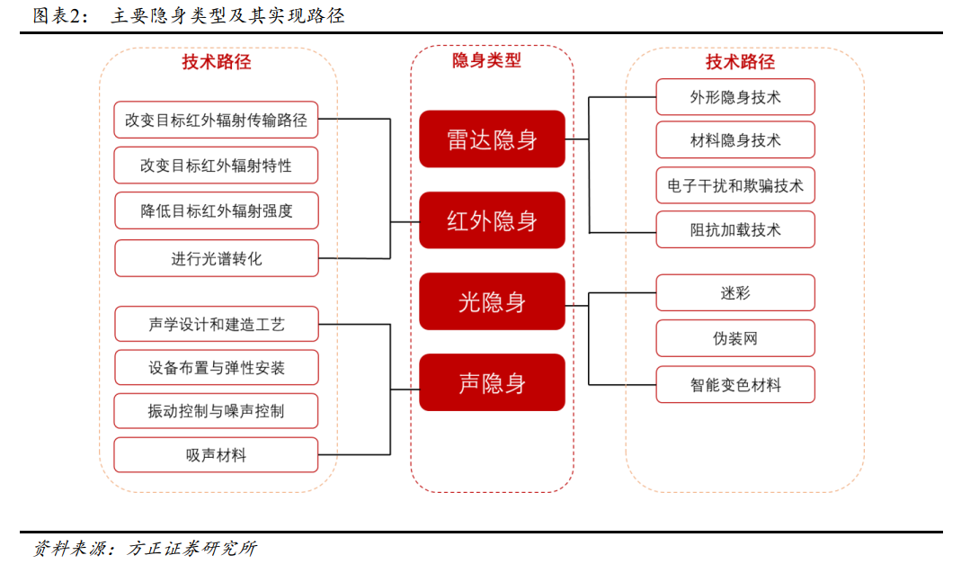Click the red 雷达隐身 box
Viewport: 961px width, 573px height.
point(492,139)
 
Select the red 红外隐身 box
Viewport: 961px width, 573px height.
point(492,220)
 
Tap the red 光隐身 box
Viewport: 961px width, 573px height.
point(492,301)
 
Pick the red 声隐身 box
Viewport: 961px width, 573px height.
point(492,382)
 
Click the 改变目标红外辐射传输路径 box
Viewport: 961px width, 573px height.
point(216,120)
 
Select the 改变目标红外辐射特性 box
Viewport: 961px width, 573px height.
point(216,165)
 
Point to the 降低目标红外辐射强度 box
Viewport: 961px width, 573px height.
point(217,210)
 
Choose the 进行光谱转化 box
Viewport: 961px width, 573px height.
point(217,258)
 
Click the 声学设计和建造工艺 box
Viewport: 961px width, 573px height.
point(217,324)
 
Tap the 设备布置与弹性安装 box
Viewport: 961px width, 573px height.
point(217,368)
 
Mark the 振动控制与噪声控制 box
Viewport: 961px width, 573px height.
point(216,411)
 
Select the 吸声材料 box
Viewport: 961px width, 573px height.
point(216,454)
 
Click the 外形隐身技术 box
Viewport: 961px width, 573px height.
point(735,97)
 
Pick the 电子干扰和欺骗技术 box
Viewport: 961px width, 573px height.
point(735,185)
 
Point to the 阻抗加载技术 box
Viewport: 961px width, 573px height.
point(735,229)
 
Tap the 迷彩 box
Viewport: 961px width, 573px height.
point(735,292)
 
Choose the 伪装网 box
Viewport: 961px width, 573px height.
point(735,338)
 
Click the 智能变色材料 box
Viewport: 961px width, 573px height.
point(735,385)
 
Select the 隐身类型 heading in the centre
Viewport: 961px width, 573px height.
point(486,60)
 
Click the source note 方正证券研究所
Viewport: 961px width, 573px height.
point(191,548)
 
